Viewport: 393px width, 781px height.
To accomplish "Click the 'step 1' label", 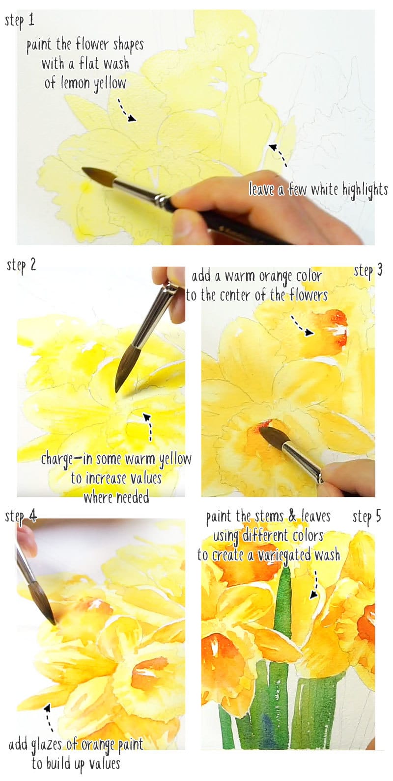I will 20,21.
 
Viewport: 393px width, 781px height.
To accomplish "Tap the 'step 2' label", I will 22,265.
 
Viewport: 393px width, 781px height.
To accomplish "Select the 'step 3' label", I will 367,270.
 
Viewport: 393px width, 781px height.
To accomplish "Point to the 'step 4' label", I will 21,517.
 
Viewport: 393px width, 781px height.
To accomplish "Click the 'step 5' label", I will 366,516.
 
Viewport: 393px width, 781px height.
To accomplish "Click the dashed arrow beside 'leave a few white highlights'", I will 278,155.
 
